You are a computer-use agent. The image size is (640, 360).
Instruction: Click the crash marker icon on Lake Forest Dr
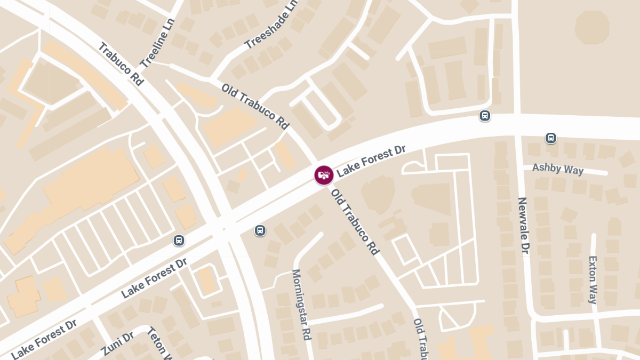click(x=324, y=175)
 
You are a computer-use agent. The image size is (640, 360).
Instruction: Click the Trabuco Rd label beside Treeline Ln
click(x=121, y=64)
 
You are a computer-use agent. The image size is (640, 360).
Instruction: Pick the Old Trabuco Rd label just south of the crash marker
click(x=355, y=221)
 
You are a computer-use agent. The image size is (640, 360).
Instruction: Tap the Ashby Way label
click(x=558, y=169)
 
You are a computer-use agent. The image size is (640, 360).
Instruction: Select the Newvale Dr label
click(x=523, y=225)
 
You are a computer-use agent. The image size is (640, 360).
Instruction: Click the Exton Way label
click(x=593, y=279)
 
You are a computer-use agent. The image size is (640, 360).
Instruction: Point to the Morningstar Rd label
click(x=301, y=304)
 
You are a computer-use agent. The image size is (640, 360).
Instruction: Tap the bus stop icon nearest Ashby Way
click(x=551, y=138)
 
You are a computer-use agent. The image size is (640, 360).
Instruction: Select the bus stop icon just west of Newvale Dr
click(x=485, y=116)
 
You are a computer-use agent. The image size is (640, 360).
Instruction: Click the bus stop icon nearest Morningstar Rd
click(x=260, y=230)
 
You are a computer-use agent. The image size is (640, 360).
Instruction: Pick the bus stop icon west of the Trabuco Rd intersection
click(x=179, y=241)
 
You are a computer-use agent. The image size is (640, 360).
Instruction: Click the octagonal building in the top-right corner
click(x=592, y=27)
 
